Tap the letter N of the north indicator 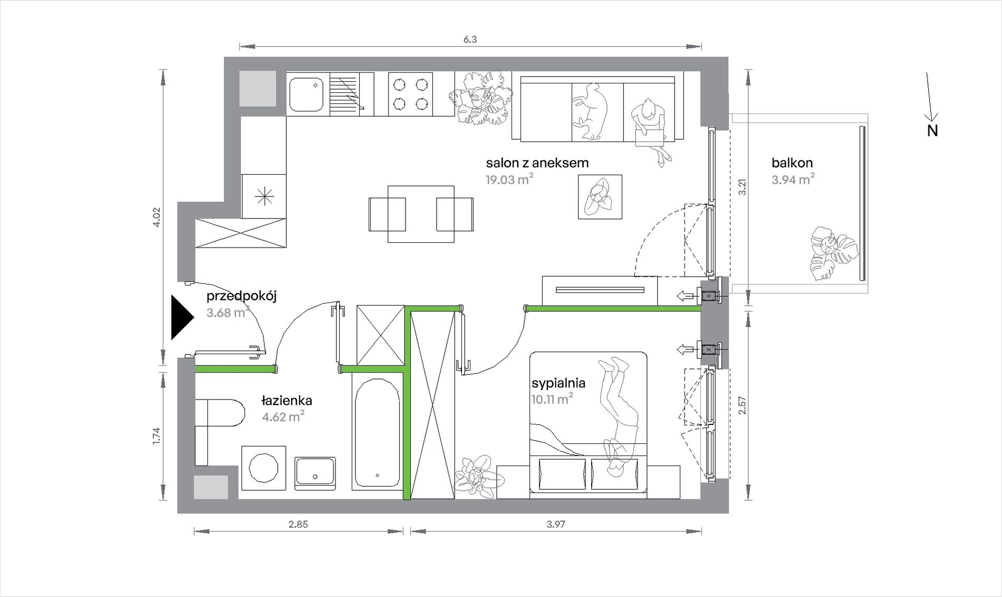click(x=932, y=131)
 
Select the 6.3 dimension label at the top click(x=470, y=40)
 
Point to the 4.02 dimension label click(x=156, y=217)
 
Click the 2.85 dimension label click(x=298, y=524)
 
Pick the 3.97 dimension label click(x=556, y=524)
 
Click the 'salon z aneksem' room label click(x=537, y=163)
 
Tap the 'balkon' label click(x=792, y=163)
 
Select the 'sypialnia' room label click(x=558, y=383)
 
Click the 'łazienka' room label click(x=287, y=401)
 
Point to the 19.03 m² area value click(x=509, y=179)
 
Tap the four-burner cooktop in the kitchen click(x=410, y=94)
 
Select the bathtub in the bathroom click(x=377, y=433)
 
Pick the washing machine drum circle click(x=264, y=468)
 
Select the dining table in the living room click(x=421, y=214)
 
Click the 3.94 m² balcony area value click(x=793, y=179)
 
